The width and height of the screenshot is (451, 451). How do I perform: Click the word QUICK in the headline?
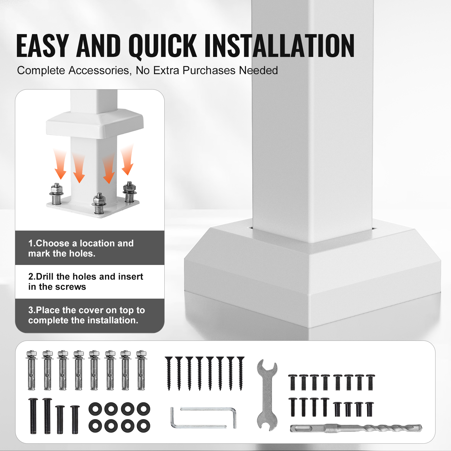click(163, 46)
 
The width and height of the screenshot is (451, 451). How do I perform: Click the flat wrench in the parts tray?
click(267, 395)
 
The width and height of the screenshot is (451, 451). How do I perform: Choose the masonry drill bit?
click(356, 428)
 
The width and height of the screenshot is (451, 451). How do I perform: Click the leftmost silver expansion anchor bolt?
click(32, 370)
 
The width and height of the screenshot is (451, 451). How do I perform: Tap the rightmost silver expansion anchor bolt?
click(141, 370)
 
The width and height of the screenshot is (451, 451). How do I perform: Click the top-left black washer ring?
click(96, 409)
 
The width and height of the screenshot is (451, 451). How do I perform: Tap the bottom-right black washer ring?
click(143, 426)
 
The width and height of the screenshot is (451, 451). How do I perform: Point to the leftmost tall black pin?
click(33, 416)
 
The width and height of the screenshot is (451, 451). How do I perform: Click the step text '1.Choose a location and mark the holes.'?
click(81, 248)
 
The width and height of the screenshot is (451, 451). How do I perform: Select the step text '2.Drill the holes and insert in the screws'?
click(86, 282)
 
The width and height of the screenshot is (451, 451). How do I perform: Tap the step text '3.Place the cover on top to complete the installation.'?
click(87, 315)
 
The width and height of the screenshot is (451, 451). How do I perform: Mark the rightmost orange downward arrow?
click(127, 159)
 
